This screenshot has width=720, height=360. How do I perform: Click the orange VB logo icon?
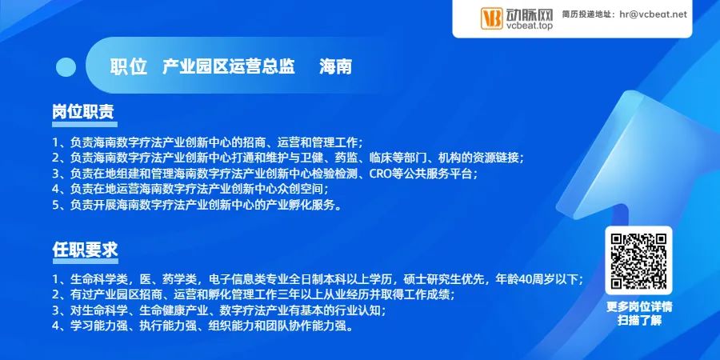pos(491,18)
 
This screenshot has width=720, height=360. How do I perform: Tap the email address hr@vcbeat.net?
pos(653,14)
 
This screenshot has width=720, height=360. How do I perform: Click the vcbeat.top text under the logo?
pos(529,26)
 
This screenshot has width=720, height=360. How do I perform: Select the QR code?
pos(638,260)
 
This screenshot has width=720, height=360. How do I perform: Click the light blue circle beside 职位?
pos(66,67)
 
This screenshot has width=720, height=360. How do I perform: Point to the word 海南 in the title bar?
pos(335,67)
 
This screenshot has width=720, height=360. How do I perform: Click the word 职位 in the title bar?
pos(128,67)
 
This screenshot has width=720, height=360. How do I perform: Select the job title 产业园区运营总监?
pos(229,67)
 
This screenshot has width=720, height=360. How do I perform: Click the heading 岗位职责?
pos(83,111)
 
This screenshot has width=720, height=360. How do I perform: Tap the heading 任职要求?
pos(85,250)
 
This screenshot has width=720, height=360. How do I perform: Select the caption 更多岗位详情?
pos(638,306)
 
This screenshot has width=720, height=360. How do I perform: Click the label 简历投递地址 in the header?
pos(586,14)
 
